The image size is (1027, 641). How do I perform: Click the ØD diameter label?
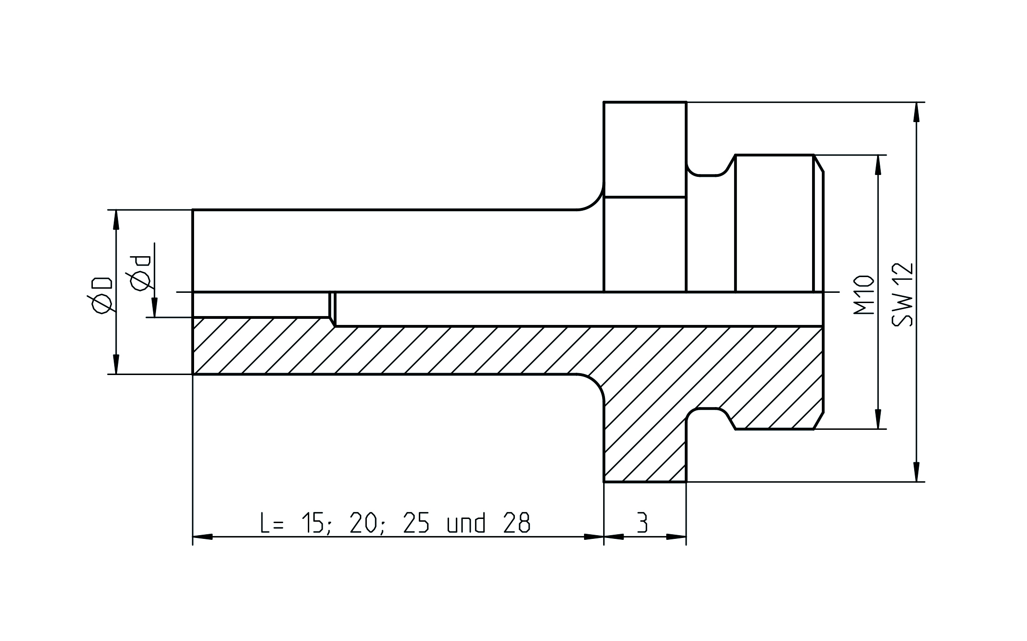point(102,296)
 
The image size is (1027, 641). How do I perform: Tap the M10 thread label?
point(864,295)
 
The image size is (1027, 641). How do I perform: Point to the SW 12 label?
point(903,294)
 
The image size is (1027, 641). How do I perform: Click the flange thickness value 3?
point(642,523)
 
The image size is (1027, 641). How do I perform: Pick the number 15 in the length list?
point(312,523)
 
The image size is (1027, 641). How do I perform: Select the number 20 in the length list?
point(363,523)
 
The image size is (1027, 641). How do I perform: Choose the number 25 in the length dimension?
point(416,523)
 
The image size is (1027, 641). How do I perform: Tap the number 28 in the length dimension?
point(516,523)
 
